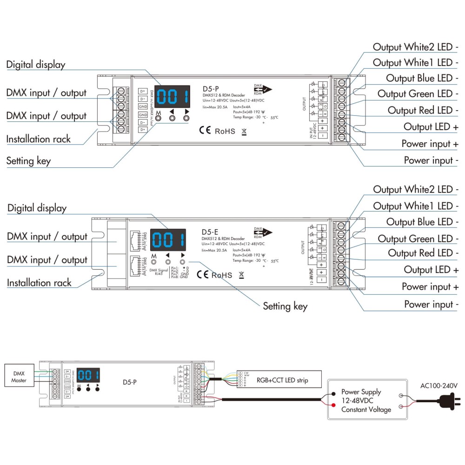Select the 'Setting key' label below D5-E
(x=285, y=306)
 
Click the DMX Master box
(x=19, y=378)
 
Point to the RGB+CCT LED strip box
(x=282, y=380)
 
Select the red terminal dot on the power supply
(x=333, y=406)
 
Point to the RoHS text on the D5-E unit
(x=221, y=275)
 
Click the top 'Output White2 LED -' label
(x=416, y=47)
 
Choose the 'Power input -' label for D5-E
(x=431, y=304)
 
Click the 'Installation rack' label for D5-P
(x=39, y=139)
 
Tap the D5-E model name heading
(x=210, y=232)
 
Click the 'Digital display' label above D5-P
(x=36, y=65)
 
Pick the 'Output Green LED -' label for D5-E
(x=415, y=239)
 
